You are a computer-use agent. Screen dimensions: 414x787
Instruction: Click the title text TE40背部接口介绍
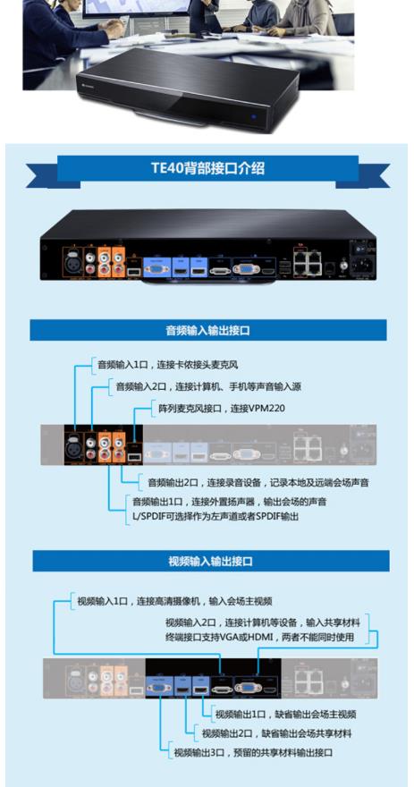tap(207, 167)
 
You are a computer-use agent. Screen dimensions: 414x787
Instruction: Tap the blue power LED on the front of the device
tap(254, 117)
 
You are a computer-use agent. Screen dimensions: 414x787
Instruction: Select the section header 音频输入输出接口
tap(207, 330)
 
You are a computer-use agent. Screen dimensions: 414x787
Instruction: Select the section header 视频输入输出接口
tap(210, 561)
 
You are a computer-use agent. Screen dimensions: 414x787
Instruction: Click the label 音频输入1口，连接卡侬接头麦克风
tap(167, 365)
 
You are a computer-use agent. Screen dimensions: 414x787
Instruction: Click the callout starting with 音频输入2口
tap(208, 386)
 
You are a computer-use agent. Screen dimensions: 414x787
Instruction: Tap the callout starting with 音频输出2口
tap(258, 483)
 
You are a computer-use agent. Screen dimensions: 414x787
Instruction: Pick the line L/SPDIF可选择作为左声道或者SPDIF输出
tap(215, 516)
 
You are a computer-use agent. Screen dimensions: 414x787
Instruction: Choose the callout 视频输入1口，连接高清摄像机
tap(174, 601)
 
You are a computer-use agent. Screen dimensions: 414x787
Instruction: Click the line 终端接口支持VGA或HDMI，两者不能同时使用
tap(260, 638)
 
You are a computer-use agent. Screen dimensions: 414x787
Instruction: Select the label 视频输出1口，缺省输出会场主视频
tap(286, 715)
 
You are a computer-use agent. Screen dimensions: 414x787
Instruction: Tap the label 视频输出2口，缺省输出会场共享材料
tap(277, 733)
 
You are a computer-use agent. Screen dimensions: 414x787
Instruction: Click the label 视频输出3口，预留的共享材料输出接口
tap(253, 752)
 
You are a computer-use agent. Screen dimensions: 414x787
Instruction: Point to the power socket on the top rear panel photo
tap(362, 266)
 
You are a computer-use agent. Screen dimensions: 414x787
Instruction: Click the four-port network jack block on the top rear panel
tap(307, 262)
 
